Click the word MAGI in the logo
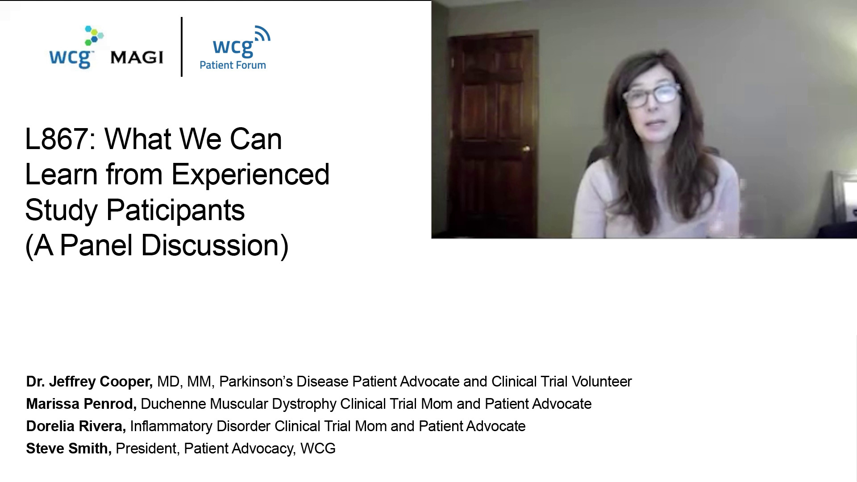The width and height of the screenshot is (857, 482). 136,58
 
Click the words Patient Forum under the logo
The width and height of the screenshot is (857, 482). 233,65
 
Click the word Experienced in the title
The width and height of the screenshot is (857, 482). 250,175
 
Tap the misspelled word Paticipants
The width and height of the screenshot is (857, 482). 175,211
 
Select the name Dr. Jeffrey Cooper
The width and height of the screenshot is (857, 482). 89,382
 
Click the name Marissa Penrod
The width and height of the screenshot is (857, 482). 81,404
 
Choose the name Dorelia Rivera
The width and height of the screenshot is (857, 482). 76,426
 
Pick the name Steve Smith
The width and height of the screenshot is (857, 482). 69,449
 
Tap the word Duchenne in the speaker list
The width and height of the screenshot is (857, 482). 173,404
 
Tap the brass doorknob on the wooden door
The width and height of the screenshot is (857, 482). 527,149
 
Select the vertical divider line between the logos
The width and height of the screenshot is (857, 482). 182,47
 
